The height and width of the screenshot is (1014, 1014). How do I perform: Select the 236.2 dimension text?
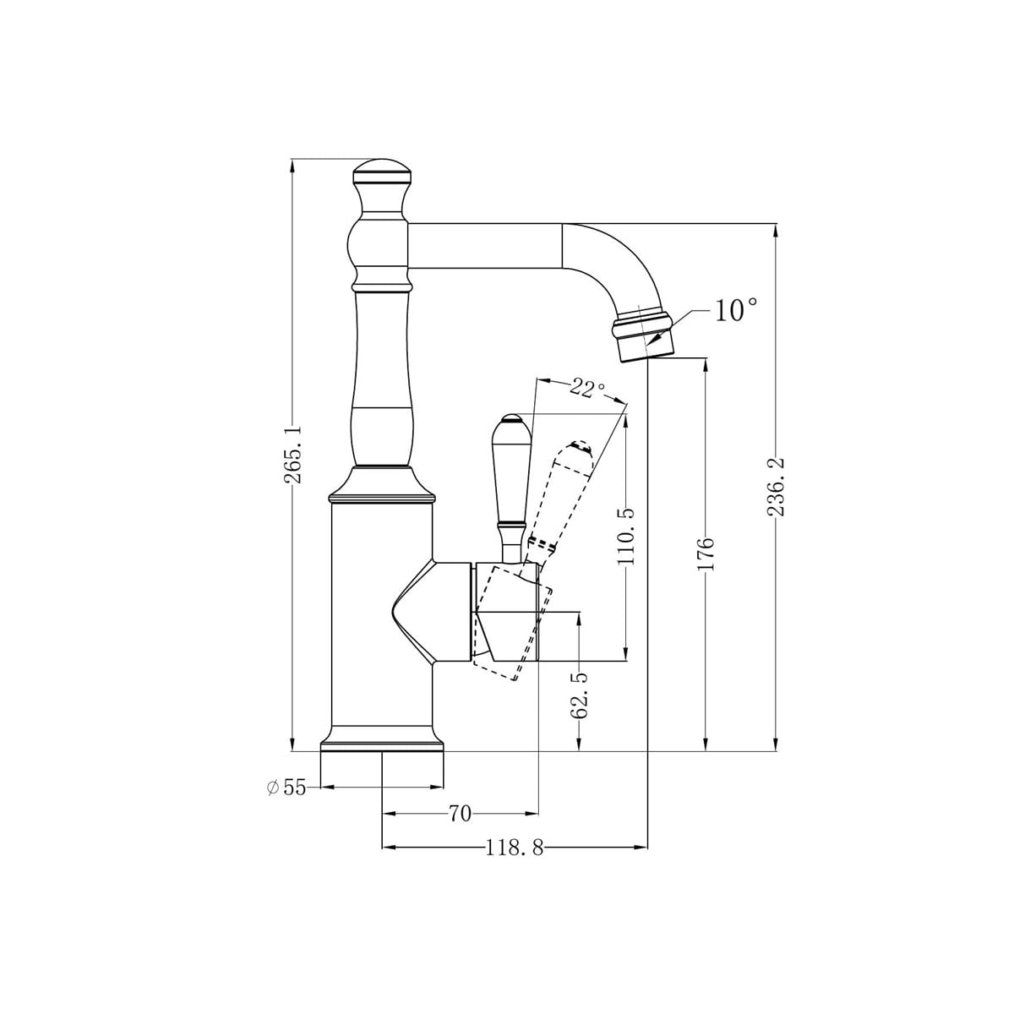coord(777,487)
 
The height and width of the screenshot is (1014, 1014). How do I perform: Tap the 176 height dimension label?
coord(706,553)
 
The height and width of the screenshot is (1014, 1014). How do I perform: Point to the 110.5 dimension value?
coord(625,537)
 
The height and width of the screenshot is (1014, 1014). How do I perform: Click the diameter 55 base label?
coord(287,788)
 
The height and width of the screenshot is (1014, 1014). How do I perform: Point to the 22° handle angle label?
coord(587,388)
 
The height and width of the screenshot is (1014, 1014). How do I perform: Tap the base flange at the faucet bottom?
coord(382,742)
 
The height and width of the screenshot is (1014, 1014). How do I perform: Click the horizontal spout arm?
coord(486,247)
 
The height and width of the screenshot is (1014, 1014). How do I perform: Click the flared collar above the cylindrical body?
coord(382,486)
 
